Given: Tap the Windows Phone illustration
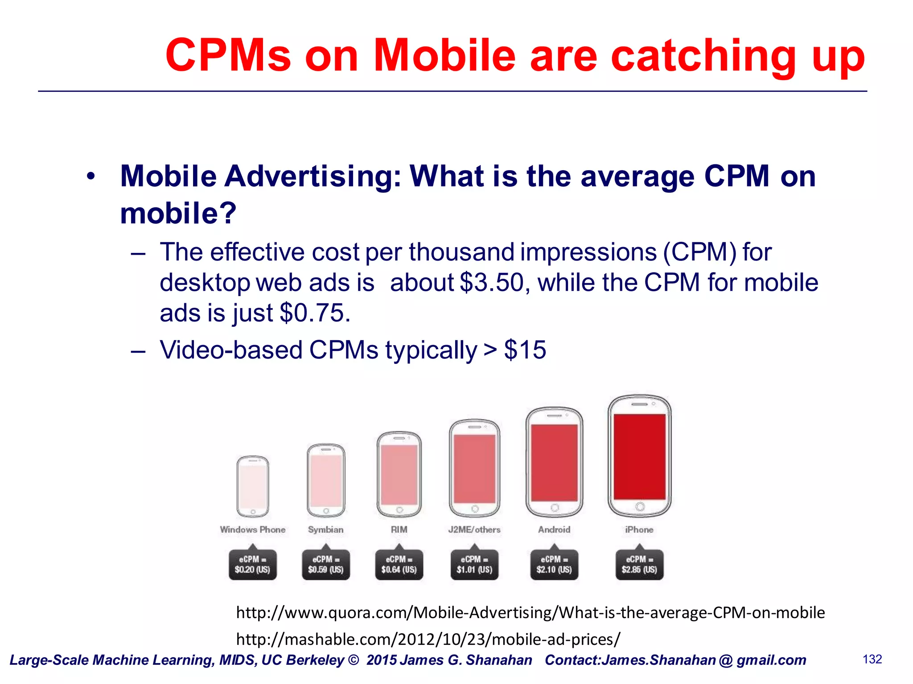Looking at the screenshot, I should click(x=253, y=486).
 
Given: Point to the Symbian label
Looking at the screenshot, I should click(x=326, y=529).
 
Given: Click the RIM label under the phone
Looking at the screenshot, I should click(x=399, y=529).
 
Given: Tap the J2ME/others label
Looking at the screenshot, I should click(x=474, y=529).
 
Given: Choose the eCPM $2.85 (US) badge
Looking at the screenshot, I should click(x=639, y=565).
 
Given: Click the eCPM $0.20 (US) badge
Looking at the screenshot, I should click(x=253, y=565).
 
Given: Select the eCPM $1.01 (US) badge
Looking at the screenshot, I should click(x=474, y=565).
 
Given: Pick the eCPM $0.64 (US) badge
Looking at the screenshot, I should click(x=399, y=565).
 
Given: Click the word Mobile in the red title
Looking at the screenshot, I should click(x=444, y=55).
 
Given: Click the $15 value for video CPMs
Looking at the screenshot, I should click(x=525, y=350).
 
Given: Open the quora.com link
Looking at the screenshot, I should click(x=530, y=613).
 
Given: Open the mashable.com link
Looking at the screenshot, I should click(x=428, y=639).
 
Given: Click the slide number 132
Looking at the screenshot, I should click(x=872, y=659).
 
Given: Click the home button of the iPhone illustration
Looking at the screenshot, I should click(x=640, y=507).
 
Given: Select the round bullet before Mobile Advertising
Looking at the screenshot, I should click(x=91, y=176).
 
